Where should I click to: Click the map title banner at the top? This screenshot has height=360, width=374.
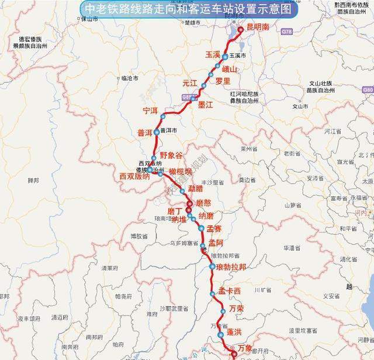[x=187, y=9]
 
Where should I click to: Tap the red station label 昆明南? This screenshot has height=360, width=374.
[x=258, y=27]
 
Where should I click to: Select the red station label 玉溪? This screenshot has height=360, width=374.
[x=212, y=55]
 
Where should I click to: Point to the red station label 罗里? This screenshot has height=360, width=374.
[x=223, y=81]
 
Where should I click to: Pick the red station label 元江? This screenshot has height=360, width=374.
[x=190, y=83]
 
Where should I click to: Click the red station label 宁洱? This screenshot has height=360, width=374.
[x=150, y=110]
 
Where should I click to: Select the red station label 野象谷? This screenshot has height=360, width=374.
[x=171, y=155]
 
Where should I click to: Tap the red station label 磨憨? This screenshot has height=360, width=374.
[x=207, y=203]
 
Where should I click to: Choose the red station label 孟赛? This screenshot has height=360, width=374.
[x=214, y=229]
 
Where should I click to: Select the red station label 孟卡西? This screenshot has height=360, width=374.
[x=230, y=291]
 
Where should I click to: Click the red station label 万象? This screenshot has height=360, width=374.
[x=247, y=348]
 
